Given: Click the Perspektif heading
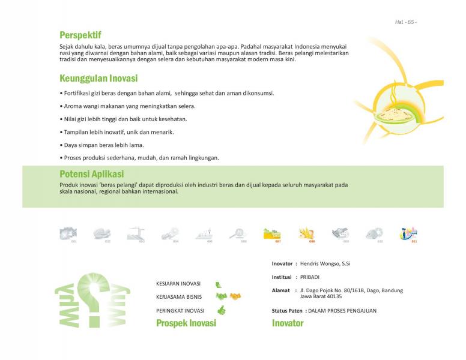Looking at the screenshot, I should click(x=80, y=35).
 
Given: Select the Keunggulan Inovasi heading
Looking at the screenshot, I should click(x=98, y=79).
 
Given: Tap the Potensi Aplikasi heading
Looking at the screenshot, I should click(x=95, y=174).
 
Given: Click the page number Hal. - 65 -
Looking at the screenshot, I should click(x=405, y=22).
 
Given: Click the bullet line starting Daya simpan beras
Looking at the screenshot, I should click(x=101, y=145).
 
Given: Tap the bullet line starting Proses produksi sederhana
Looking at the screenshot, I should click(x=139, y=158).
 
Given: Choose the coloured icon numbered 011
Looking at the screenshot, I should click(x=409, y=233).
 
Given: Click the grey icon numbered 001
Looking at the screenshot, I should click(x=68, y=233).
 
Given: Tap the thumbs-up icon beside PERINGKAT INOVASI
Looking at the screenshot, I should click(x=221, y=310).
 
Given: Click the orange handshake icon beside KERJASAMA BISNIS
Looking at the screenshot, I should click(x=235, y=296).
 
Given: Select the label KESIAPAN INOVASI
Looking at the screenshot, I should click(x=178, y=283).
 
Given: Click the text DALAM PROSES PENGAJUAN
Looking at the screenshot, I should click(x=342, y=311).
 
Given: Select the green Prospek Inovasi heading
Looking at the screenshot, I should click(x=186, y=323).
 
